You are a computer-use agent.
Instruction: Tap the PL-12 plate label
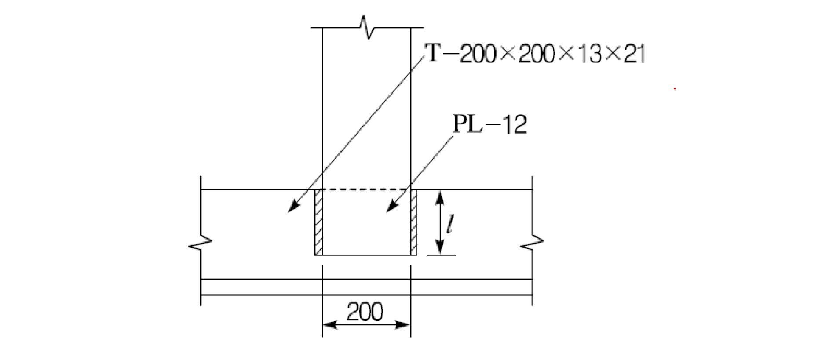point(489,125)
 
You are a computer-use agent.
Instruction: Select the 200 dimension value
point(365,312)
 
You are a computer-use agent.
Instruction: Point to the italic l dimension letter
point(449,224)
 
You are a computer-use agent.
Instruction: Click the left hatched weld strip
point(319,222)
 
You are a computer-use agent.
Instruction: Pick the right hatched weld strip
point(413,222)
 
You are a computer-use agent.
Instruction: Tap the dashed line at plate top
point(366,190)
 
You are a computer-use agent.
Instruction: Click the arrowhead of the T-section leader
point(291,209)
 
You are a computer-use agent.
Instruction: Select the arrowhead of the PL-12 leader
point(389,209)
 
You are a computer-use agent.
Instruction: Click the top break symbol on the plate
point(368,28)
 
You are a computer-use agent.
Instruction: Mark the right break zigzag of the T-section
point(533,243)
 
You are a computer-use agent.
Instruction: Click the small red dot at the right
point(675,89)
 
